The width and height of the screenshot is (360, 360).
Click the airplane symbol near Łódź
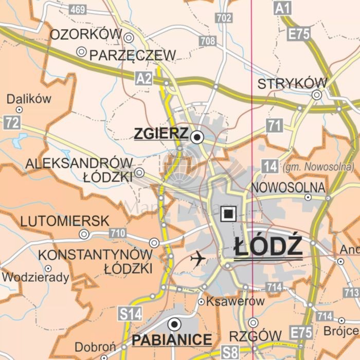pyautogui.click(x=197, y=258)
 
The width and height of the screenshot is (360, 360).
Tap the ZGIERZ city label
pyautogui.click(x=160, y=134)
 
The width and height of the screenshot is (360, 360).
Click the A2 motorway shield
pyautogui.click(x=145, y=78)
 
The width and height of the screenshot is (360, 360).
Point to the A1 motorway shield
pyautogui.click(x=282, y=8)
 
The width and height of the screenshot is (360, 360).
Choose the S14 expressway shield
pyautogui.click(x=129, y=313)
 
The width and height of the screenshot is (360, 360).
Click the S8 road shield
pyautogui.click(x=230, y=353)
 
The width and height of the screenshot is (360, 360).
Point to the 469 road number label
pyautogui.click(x=78, y=9)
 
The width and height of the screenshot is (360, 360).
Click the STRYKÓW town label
pyautogui.click(x=292, y=84)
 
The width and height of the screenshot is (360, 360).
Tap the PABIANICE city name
pyautogui.click(x=172, y=340)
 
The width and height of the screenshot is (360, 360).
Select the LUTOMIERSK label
pyautogui.click(x=64, y=221)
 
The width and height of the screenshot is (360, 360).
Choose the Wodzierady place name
pyautogui.click(x=35, y=278)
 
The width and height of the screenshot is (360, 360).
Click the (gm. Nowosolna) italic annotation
pyautogui.click(x=318, y=167)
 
